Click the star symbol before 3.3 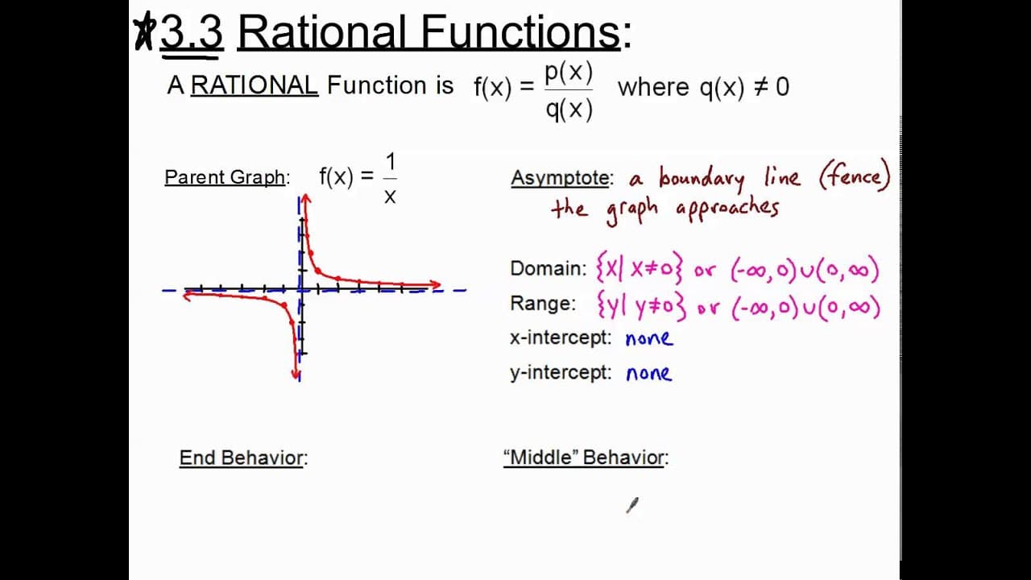[x=144, y=31]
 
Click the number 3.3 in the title [x=192, y=32]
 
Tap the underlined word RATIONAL [x=254, y=85]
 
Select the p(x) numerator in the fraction [x=569, y=72]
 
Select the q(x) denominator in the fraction [x=569, y=110]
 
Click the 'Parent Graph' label [x=225, y=177]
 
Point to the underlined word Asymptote [x=560, y=178]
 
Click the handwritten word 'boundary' [x=702, y=179]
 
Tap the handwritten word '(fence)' [x=855, y=176]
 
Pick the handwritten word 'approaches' [x=727, y=209]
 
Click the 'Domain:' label [x=549, y=268]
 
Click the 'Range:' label [x=543, y=304]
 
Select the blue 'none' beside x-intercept [x=649, y=339]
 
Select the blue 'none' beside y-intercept [x=649, y=373]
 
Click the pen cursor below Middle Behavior [x=632, y=505]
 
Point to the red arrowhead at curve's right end [x=436, y=285]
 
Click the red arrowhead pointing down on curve [x=296, y=373]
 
